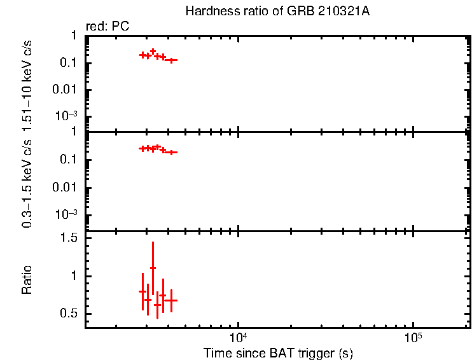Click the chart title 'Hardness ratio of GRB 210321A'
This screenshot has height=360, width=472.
coord(277,11)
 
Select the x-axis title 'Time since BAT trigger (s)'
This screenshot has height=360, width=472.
coord(277,352)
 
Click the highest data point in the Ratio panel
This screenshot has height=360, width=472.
coord(153,268)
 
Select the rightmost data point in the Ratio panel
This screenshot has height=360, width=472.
coord(170,300)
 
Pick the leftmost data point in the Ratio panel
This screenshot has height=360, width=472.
coord(142,291)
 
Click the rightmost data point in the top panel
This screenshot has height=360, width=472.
coord(170,60)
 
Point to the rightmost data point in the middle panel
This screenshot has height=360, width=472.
coord(170,152)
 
